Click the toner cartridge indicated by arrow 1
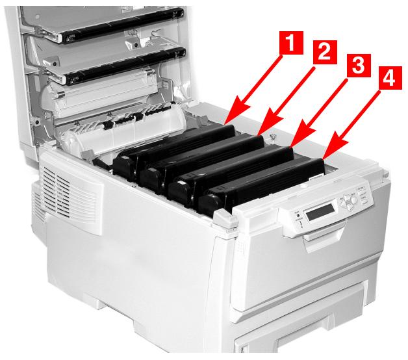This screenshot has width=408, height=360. (x=175, y=146)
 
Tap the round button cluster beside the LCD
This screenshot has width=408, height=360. (x=351, y=198)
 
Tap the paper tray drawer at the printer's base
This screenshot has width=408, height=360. (x=305, y=338)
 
